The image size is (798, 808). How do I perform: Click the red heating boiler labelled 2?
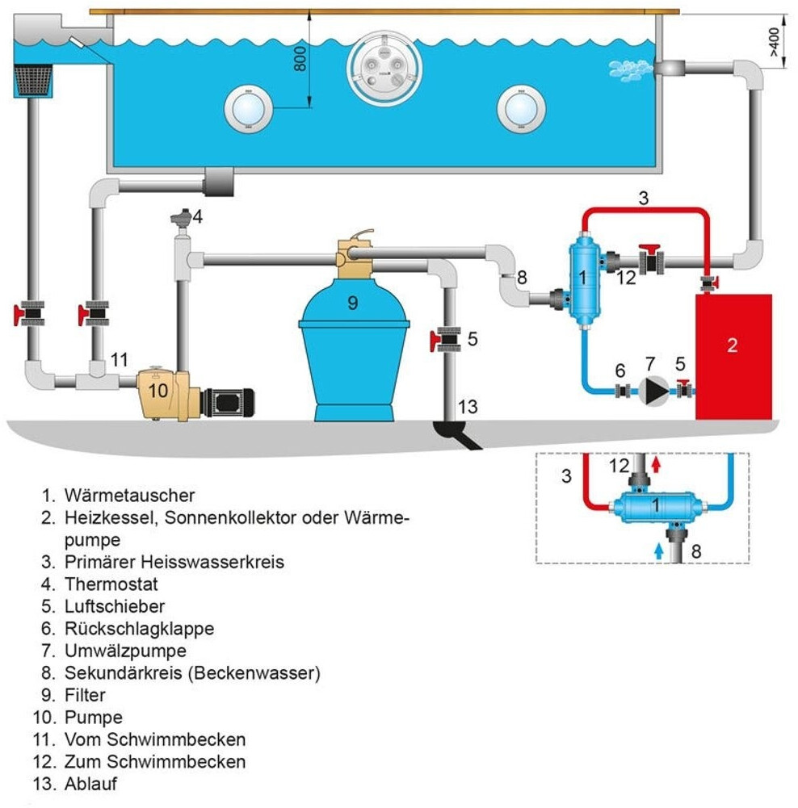click(x=733, y=355)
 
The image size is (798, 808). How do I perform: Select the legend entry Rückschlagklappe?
click(x=139, y=627)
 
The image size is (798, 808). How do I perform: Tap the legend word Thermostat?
click(x=111, y=583)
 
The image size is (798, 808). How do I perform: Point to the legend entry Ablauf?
click(x=94, y=783)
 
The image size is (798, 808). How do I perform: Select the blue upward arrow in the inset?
click(x=658, y=551)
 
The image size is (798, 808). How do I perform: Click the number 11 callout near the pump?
click(x=120, y=362)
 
